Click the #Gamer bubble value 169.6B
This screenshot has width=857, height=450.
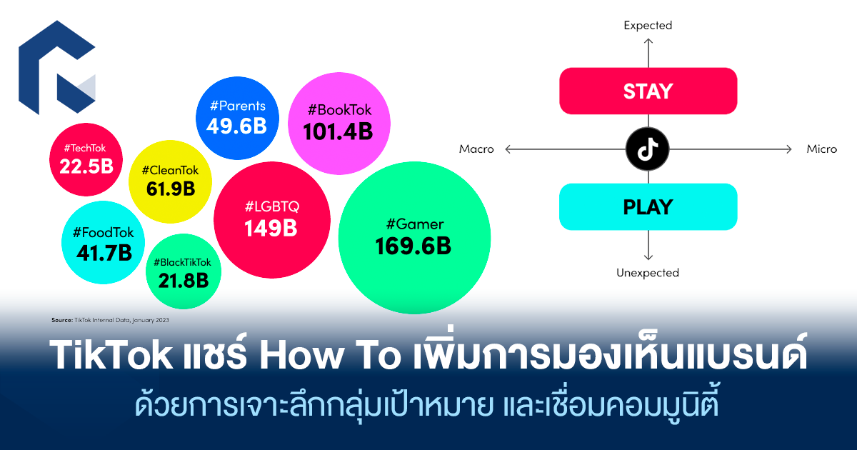click(414, 246)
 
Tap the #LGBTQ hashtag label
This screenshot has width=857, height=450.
click(272, 206)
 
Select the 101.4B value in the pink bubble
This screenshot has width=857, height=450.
click(338, 131)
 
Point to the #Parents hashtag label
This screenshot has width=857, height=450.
click(238, 106)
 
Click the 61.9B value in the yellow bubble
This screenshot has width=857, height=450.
click(171, 189)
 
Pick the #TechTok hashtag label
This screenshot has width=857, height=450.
click(85, 148)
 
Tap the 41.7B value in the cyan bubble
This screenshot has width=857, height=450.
click(104, 253)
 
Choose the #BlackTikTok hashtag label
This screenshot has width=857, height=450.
click(183, 263)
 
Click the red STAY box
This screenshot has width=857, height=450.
click(648, 91)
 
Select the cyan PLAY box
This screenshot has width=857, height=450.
click(648, 207)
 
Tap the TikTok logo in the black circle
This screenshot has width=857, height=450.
click(648, 149)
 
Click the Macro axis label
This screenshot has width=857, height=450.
click(476, 149)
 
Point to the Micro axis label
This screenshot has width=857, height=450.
click(822, 149)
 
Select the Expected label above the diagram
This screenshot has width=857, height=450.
click(648, 26)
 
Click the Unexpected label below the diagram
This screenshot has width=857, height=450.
click(648, 273)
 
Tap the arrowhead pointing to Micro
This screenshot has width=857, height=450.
click(789, 149)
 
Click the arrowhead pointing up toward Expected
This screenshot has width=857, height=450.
click(648, 41)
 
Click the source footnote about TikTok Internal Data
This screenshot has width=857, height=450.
click(110, 320)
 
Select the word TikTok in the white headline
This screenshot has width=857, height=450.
click(111, 354)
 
